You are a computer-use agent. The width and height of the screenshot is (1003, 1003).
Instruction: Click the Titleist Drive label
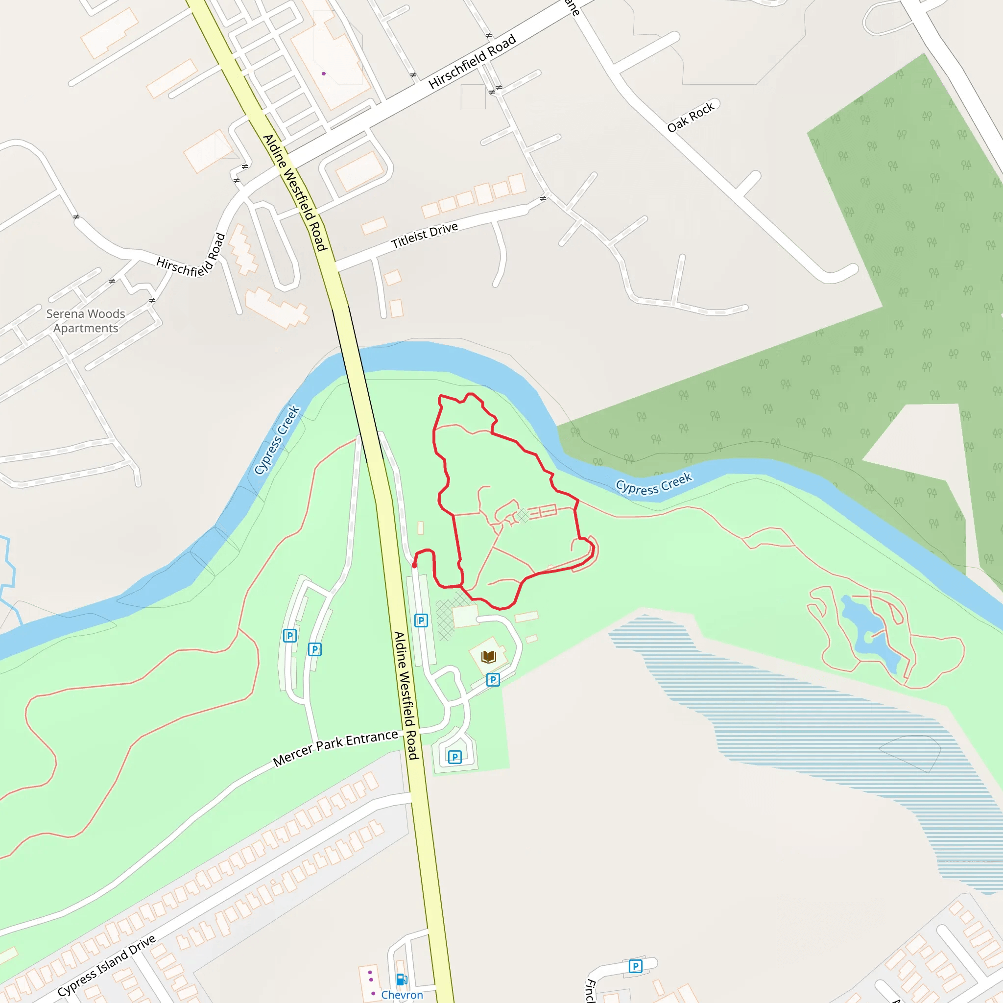point(424,235)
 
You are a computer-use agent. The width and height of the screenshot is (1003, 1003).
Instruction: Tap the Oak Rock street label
point(691,117)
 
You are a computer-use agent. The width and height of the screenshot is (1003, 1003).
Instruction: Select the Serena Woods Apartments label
point(86,321)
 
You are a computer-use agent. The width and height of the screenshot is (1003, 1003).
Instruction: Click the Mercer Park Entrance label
point(335,748)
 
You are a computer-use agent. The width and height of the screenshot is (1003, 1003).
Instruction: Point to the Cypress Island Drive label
point(106,966)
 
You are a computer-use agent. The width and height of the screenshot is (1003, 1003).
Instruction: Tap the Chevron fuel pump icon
point(401,979)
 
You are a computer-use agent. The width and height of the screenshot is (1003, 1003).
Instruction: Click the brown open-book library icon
point(488,657)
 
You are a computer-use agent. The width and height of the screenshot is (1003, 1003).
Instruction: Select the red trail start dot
point(414,565)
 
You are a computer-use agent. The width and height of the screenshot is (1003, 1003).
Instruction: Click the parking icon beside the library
point(493,680)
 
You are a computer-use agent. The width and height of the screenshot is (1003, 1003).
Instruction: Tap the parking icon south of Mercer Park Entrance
point(455,757)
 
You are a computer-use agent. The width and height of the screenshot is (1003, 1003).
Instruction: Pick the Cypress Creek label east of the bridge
point(654,482)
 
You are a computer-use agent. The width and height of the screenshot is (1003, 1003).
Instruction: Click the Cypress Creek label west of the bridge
point(277,440)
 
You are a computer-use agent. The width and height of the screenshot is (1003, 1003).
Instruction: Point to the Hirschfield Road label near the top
point(472,61)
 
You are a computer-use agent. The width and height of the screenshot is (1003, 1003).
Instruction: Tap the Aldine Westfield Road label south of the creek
point(406,695)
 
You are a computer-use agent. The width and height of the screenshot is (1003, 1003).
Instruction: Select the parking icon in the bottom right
point(635,966)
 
